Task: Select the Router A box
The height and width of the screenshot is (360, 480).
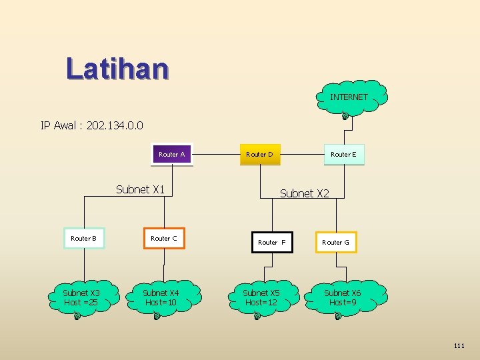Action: (x=172, y=154)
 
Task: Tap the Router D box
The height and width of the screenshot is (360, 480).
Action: (x=259, y=154)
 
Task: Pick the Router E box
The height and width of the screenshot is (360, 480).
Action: (x=343, y=154)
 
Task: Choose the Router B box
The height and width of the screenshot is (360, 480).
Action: (x=84, y=238)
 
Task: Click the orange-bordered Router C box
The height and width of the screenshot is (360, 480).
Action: (x=164, y=238)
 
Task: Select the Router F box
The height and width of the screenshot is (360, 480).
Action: (x=271, y=242)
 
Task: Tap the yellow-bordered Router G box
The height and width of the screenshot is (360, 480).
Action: (x=336, y=242)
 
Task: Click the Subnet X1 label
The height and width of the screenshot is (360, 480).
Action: (x=140, y=189)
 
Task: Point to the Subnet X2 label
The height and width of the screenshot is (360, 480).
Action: (x=304, y=193)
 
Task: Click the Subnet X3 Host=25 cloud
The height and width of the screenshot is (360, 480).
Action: (x=81, y=297)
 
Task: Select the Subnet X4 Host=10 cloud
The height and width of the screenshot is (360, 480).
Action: (x=161, y=297)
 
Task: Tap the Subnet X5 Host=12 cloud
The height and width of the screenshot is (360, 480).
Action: (x=261, y=297)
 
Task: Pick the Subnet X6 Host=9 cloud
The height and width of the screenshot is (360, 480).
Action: (x=343, y=297)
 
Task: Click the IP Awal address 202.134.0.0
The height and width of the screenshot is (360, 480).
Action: (x=111, y=125)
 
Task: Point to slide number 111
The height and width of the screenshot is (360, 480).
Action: (x=459, y=345)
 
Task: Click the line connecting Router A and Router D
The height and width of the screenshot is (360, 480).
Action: (x=216, y=154)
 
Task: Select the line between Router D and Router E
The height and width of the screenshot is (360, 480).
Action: (x=301, y=154)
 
